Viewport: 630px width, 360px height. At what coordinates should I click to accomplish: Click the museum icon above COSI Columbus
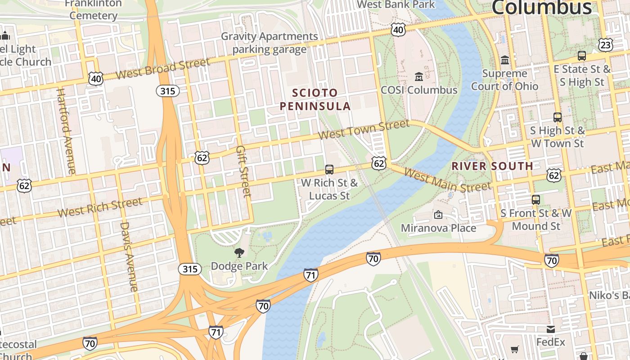pyautogui.click(x=419, y=76)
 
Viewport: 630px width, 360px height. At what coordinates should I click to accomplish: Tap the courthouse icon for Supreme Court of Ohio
pyautogui.click(x=505, y=60)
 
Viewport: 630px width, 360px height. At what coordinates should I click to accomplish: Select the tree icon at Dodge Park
pyautogui.click(x=239, y=253)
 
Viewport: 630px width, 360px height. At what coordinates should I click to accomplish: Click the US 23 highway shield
pyautogui.click(x=606, y=45)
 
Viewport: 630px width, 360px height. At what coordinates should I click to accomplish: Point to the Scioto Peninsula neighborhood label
pyautogui.click(x=315, y=99)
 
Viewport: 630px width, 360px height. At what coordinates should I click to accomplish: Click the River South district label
pyautogui.click(x=492, y=166)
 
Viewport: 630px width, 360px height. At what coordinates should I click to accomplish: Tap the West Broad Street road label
pyautogui.click(x=162, y=69)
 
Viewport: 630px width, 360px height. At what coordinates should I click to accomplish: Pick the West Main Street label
pyautogui.click(x=447, y=180)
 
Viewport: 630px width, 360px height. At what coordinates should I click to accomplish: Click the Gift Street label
pyautogui.click(x=243, y=171)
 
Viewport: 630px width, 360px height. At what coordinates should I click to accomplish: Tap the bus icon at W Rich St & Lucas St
pyautogui.click(x=329, y=170)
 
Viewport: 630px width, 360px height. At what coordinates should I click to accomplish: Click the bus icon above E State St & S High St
pyautogui.click(x=581, y=56)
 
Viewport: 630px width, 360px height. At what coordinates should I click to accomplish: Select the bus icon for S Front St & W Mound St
pyautogui.click(x=535, y=199)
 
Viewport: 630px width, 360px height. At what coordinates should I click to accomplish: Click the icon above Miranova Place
pyautogui.click(x=438, y=215)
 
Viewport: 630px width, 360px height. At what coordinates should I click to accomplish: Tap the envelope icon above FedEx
pyautogui.click(x=550, y=329)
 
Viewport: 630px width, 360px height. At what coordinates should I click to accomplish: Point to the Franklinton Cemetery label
pyautogui.click(x=93, y=9)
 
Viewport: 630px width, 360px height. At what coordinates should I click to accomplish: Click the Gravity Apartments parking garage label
pyautogui.click(x=269, y=43)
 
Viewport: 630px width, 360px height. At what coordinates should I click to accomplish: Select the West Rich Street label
pyautogui.click(x=99, y=207)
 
